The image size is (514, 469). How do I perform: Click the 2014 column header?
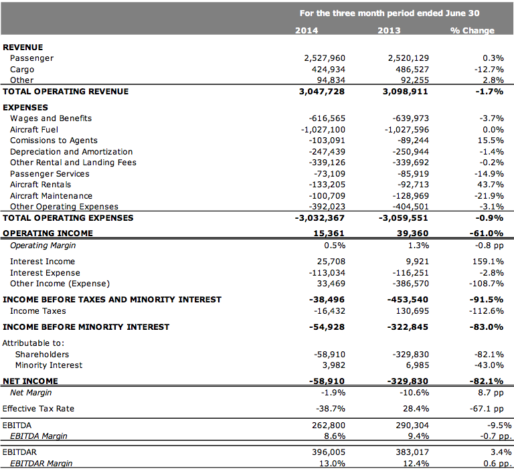pos(307,31)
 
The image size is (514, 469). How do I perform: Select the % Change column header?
pos(472,31)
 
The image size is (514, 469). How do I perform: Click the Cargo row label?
pos(22,70)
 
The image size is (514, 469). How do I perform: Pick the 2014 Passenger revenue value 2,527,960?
pos(325,58)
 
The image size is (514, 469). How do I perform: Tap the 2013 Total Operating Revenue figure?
pos(405,92)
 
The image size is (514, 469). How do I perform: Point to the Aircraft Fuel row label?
pos(34,130)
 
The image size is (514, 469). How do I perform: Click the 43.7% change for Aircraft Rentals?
pos(491,185)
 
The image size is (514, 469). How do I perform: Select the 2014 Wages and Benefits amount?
pos(327,118)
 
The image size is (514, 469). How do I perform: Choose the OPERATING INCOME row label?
pos(48,233)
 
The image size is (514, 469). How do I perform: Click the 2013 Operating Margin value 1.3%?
pos(418,246)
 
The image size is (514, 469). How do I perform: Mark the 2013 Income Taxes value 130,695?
pos(412,311)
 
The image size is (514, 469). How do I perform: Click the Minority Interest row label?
pos(49,365)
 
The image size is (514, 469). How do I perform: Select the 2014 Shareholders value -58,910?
pos(329,355)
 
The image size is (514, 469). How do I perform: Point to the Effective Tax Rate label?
pos(38,409)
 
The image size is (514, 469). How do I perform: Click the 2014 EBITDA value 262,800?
pos(329,426)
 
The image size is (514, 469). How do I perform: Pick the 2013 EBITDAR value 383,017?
pos(412,452)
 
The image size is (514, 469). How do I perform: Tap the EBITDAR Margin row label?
pos(41,464)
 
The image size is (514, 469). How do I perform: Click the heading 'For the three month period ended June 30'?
pos(390,13)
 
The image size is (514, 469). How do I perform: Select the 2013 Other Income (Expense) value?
pos(411,284)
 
